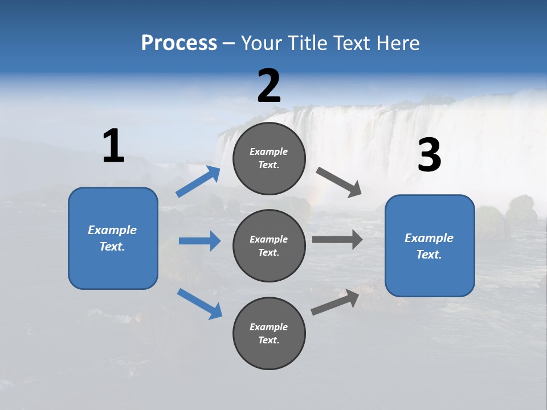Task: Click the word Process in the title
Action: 179,43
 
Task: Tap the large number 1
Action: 113,146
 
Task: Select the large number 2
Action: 269,86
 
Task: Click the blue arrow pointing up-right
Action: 198,182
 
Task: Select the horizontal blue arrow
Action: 199,241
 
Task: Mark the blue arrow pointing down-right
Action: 199,304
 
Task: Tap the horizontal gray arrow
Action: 337,240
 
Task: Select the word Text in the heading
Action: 357,43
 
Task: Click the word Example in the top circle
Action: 269,151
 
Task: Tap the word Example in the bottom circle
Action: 269,327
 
